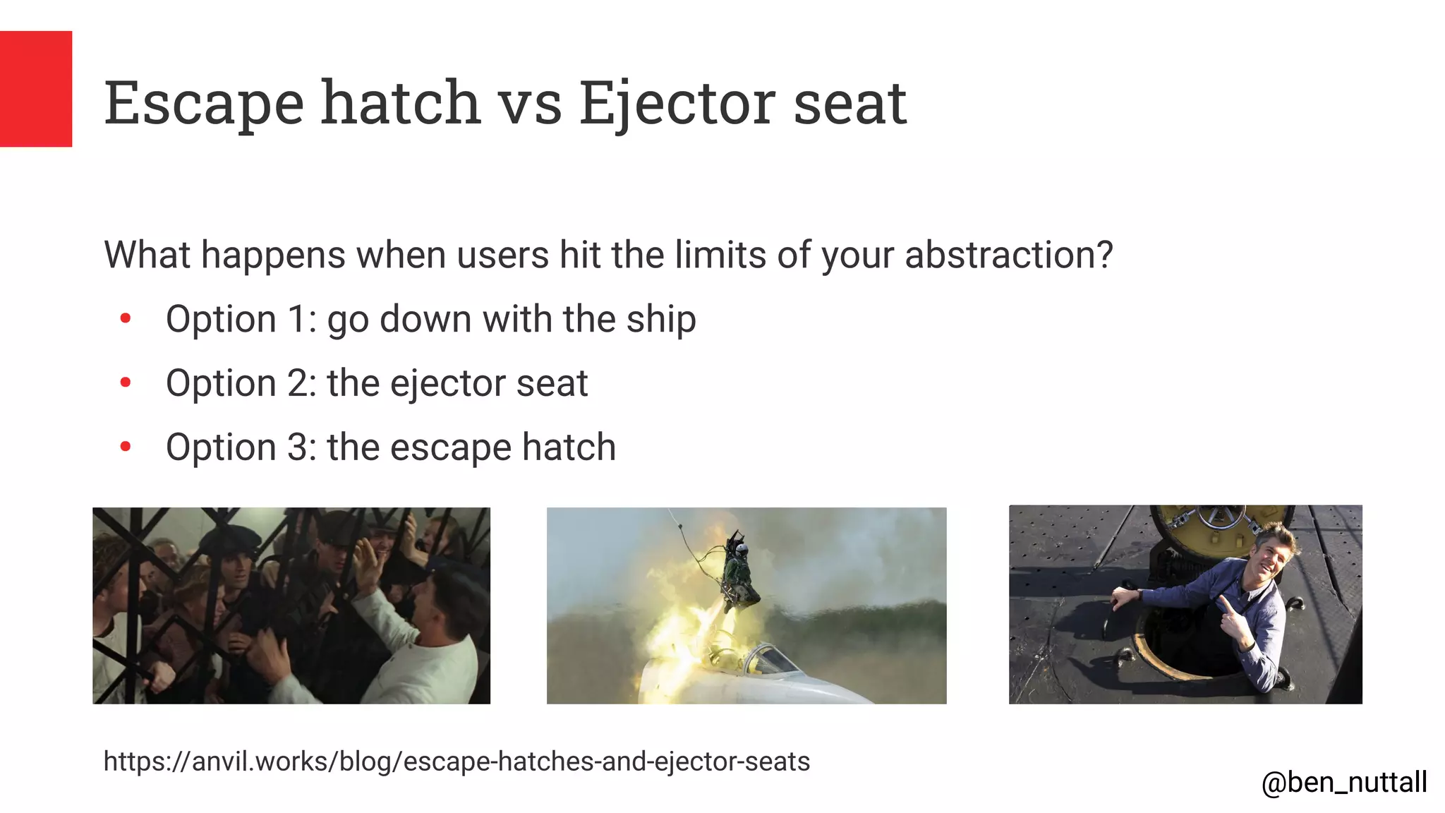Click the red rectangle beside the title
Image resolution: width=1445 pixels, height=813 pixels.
[x=35, y=89]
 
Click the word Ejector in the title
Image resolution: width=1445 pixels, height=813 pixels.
[x=677, y=104]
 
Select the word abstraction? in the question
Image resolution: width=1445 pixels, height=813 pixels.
[x=1009, y=255]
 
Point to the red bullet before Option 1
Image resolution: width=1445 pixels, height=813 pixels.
[x=126, y=319]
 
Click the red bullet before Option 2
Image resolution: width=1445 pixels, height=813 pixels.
[x=126, y=383]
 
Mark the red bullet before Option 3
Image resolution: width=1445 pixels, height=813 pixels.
[x=126, y=447]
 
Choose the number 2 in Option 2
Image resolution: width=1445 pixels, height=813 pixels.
[x=297, y=383]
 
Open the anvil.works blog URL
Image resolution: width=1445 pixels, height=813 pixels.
[x=457, y=761]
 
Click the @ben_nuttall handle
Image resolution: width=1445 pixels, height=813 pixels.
[x=1344, y=782]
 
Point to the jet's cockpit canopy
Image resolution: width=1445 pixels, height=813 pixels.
[x=769, y=660]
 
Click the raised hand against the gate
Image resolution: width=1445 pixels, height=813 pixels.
[x=366, y=558]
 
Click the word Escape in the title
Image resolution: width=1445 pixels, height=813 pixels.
[x=204, y=104]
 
